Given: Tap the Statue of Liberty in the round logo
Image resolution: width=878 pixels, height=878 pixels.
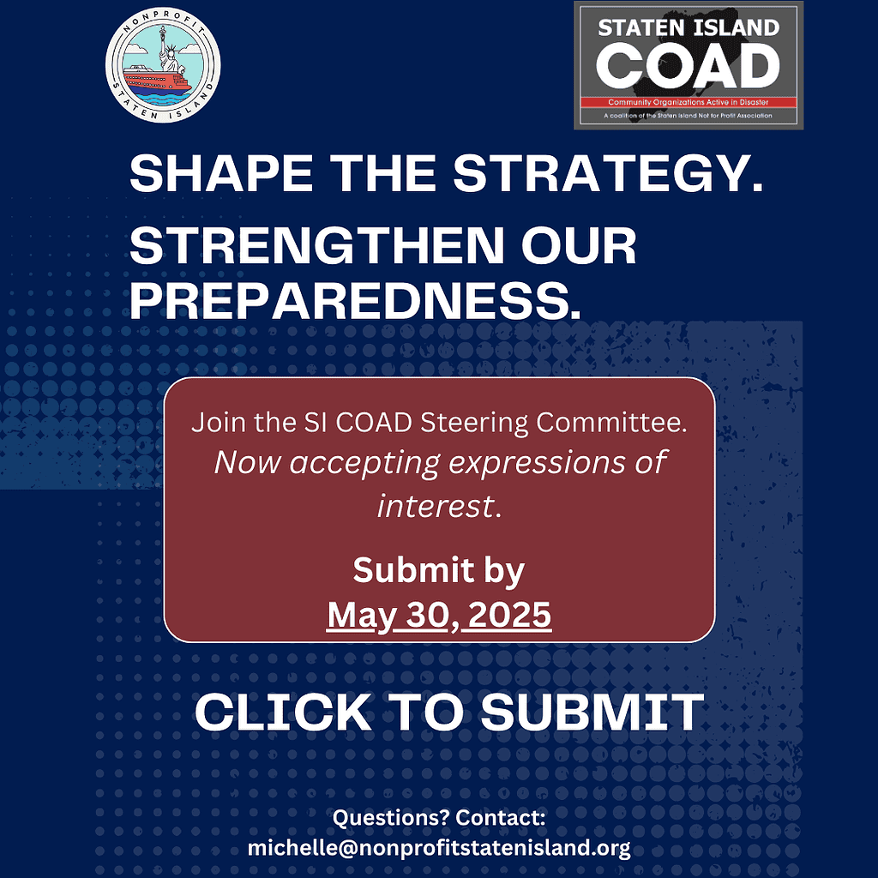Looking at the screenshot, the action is click(167, 52).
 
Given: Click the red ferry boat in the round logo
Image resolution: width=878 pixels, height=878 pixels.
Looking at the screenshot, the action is click(158, 79).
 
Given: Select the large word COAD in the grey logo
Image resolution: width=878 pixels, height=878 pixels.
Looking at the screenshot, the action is click(689, 65).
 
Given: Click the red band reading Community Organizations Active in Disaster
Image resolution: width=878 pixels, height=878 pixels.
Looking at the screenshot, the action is click(689, 103).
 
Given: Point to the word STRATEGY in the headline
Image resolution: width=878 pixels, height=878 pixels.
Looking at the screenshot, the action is click(609, 173).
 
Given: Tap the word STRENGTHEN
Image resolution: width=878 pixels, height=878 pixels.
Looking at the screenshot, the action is click(317, 245).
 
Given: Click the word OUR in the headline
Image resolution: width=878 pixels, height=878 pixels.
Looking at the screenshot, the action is click(580, 245).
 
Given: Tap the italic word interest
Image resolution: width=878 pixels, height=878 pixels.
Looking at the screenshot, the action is click(439, 506).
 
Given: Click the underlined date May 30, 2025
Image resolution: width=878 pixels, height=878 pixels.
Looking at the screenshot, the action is click(439, 616).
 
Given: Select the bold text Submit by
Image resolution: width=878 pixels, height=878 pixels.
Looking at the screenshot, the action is click(439, 571).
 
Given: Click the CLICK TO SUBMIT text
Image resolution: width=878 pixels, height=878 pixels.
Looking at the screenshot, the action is click(449, 713).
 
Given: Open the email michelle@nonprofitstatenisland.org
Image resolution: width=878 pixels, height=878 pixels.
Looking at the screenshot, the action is click(439, 848).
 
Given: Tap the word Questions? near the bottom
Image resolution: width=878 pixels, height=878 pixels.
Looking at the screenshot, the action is click(391, 817).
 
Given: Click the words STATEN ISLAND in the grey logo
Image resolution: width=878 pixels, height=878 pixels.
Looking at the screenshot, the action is click(689, 27).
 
